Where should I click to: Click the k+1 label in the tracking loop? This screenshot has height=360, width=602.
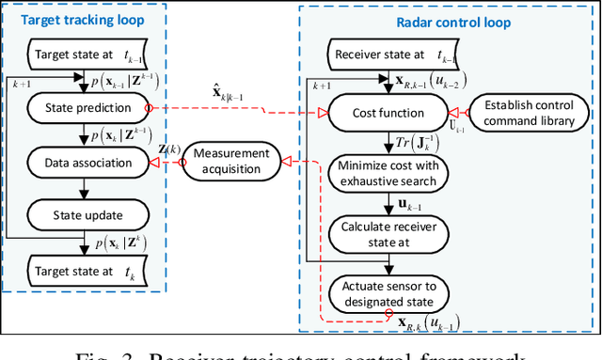pos(20,84)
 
